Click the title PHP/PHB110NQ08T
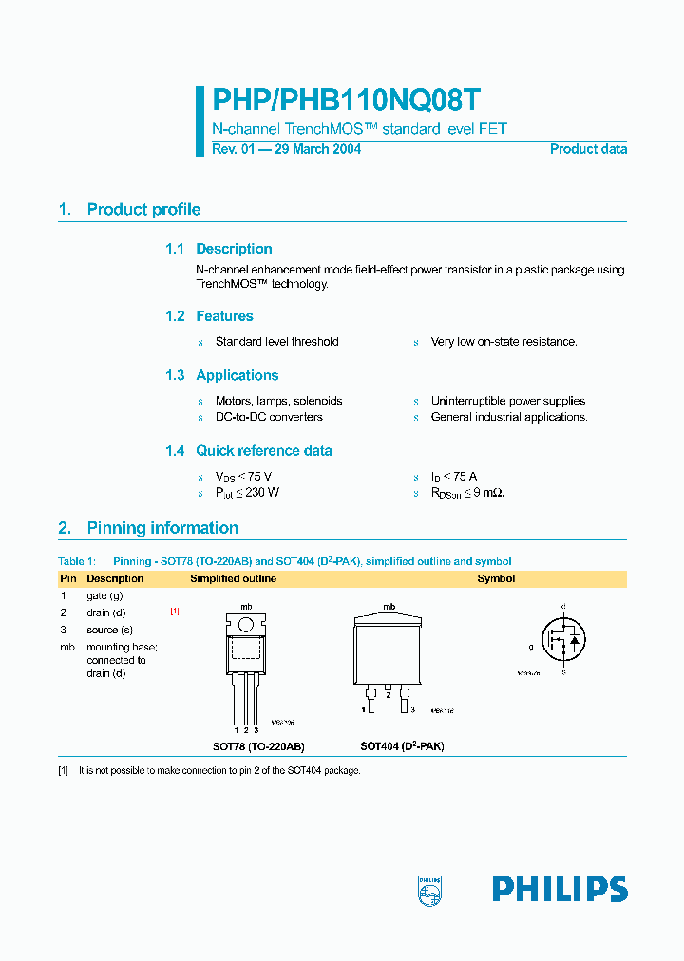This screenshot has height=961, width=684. [346, 102]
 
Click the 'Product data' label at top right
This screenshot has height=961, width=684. [588, 149]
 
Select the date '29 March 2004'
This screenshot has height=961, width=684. [317, 149]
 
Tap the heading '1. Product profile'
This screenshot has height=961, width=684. [129, 210]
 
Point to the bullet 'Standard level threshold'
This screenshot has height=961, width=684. [276, 342]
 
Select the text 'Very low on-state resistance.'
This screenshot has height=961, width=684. [503, 342]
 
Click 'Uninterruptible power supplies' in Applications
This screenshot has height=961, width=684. [507, 402]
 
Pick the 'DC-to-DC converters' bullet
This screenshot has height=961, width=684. [269, 417]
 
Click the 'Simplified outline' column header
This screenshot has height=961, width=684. [234, 578]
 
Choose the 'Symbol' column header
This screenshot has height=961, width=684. [496, 578]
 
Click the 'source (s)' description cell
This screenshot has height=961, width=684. [109, 630]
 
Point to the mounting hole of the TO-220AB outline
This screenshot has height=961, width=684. [245, 625]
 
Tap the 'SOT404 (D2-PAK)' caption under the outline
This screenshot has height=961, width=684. [402, 746]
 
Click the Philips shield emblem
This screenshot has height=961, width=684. [430, 889]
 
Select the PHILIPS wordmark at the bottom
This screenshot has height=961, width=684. [560, 889]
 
